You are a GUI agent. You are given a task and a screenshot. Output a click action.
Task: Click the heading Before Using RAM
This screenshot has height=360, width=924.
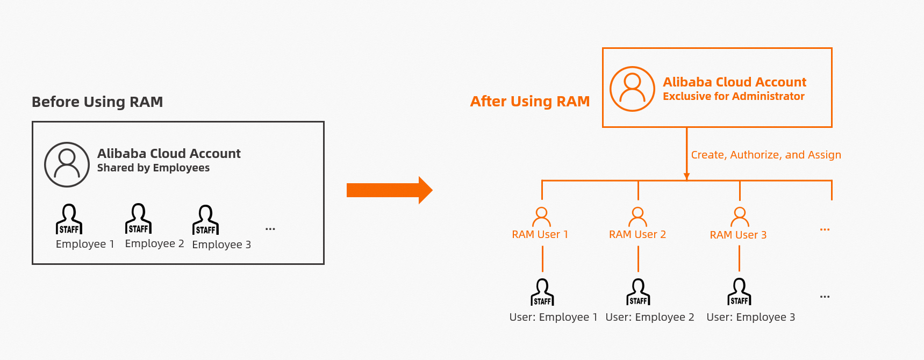tap(97, 102)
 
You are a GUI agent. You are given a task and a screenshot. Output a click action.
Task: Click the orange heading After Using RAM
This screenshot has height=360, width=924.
tap(530, 102)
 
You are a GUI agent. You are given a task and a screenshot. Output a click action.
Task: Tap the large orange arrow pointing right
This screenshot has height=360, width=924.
tap(389, 190)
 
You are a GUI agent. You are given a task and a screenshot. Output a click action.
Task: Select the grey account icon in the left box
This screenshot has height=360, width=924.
tap(67, 164)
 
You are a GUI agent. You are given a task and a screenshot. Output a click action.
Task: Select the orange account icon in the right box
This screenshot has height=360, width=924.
tap(632, 89)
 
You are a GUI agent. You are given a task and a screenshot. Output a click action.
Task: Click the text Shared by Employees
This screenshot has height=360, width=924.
tap(153, 168)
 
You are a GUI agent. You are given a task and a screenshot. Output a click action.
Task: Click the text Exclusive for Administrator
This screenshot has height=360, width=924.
tap(733, 96)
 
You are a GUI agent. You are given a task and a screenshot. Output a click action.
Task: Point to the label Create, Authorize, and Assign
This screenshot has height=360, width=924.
tap(765, 155)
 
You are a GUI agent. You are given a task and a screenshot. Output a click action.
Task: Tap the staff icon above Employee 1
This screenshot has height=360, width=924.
tap(69, 219)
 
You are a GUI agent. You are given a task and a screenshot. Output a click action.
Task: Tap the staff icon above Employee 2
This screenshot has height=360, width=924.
tap(138, 218)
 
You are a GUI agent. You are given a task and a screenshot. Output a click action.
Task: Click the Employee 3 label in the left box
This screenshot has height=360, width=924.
tap(221, 244)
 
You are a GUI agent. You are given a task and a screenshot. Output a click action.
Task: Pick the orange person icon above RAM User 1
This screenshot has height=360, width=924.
tap(541, 217)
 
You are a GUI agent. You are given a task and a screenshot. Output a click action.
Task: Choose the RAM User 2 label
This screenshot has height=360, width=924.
tap(637, 235)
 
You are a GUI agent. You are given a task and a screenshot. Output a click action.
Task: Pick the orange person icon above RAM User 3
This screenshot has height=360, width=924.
tap(740, 217)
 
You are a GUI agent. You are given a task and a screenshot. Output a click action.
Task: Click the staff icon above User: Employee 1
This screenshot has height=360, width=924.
tap(542, 292)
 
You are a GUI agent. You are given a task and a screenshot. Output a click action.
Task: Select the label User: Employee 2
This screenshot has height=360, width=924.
tap(649, 317)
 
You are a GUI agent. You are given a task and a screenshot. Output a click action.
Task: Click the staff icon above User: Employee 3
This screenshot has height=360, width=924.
tap(739, 291)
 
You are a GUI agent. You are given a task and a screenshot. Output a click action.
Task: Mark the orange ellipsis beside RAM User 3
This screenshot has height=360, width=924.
tap(825, 229)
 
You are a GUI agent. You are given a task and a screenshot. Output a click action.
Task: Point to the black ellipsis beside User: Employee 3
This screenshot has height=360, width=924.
tap(825, 297)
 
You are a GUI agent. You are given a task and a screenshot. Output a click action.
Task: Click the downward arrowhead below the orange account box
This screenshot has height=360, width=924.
tap(686, 176)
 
